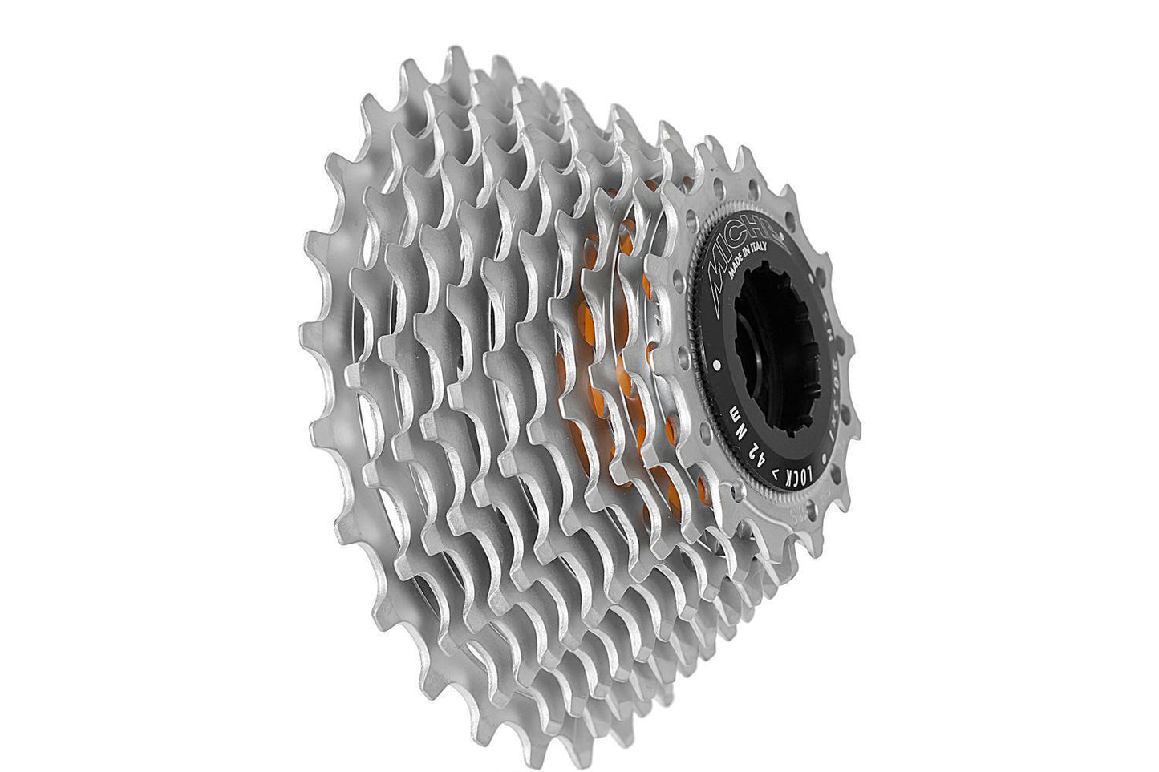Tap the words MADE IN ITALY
point(751,257)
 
